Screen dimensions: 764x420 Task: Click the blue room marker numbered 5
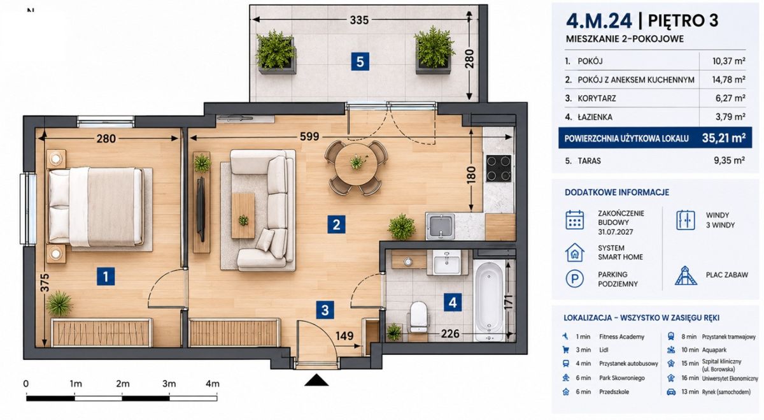[x=360, y=62]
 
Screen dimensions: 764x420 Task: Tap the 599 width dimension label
[x=309, y=136]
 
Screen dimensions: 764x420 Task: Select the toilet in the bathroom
[x=418, y=317]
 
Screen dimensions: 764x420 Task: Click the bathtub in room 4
[x=489, y=301]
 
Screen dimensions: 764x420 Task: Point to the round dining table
[x=357, y=164]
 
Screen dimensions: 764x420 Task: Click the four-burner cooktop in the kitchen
[x=499, y=168]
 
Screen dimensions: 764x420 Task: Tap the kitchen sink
[x=441, y=226]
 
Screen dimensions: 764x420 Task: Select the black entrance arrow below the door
[x=316, y=380]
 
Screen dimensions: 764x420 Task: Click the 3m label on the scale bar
[x=169, y=384]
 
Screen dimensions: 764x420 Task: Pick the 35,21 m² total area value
[x=724, y=138]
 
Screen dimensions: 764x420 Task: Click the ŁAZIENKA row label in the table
[x=595, y=117]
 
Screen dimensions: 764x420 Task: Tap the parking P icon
[x=575, y=279]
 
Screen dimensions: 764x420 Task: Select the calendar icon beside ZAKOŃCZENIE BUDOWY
[x=575, y=221]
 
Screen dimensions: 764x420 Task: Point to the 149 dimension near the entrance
[x=344, y=336]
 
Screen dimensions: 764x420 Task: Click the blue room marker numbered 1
[x=106, y=276]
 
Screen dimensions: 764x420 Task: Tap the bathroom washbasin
[x=446, y=262]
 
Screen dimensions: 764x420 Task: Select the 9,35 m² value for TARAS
[x=729, y=161]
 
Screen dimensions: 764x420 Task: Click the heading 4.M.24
[x=599, y=21]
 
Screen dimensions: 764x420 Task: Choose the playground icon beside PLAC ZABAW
[x=686, y=276]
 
